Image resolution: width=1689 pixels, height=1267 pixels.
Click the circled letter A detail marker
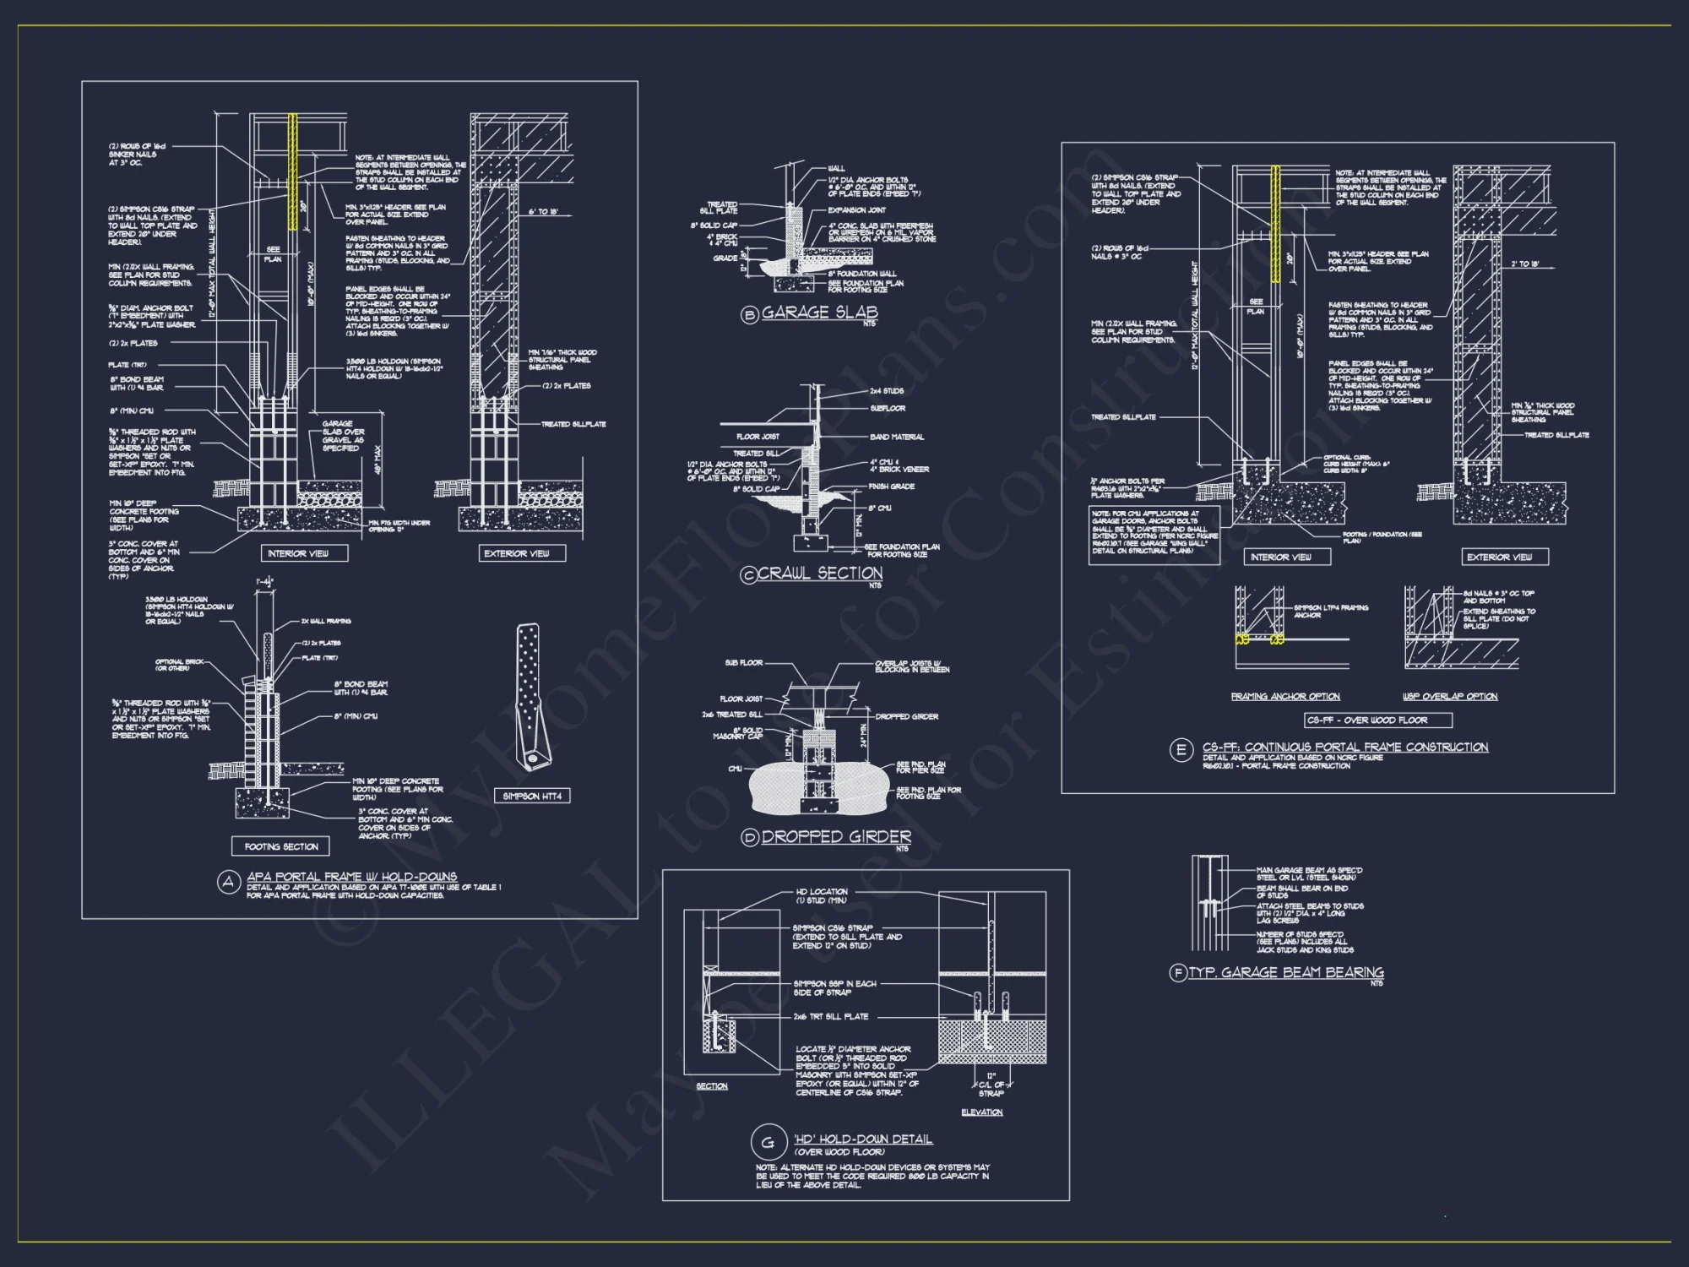click(x=229, y=883)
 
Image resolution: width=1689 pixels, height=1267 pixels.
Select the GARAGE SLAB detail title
click(x=819, y=313)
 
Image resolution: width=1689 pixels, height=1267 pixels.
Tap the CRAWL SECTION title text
click(x=820, y=574)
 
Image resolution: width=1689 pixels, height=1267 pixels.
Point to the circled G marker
click(x=768, y=1143)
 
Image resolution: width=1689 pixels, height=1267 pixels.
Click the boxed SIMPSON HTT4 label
click(x=532, y=796)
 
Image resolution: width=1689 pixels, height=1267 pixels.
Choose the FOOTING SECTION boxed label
click(x=281, y=846)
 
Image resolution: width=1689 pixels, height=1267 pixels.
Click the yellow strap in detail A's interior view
click(x=293, y=172)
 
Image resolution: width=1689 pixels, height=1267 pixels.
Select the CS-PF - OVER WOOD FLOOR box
click(x=1378, y=721)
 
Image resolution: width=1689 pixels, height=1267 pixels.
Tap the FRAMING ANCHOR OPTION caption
click(x=1285, y=697)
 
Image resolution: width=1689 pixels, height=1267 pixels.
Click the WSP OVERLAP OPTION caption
click(x=1450, y=697)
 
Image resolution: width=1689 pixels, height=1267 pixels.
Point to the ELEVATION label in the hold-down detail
click(x=981, y=1112)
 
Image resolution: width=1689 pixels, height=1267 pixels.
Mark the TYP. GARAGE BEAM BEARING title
click(x=1286, y=972)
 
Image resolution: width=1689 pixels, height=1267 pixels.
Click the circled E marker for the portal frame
click(x=1181, y=750)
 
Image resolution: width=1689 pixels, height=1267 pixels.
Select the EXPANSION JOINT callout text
click(x=857, y=210)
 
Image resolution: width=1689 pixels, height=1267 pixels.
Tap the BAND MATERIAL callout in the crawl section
click(x=897, y=437)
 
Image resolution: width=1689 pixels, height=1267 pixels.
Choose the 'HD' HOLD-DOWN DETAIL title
click(x=863, y=1139)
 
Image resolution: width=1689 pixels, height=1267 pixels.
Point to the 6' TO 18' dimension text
click(x=543, y=212)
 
